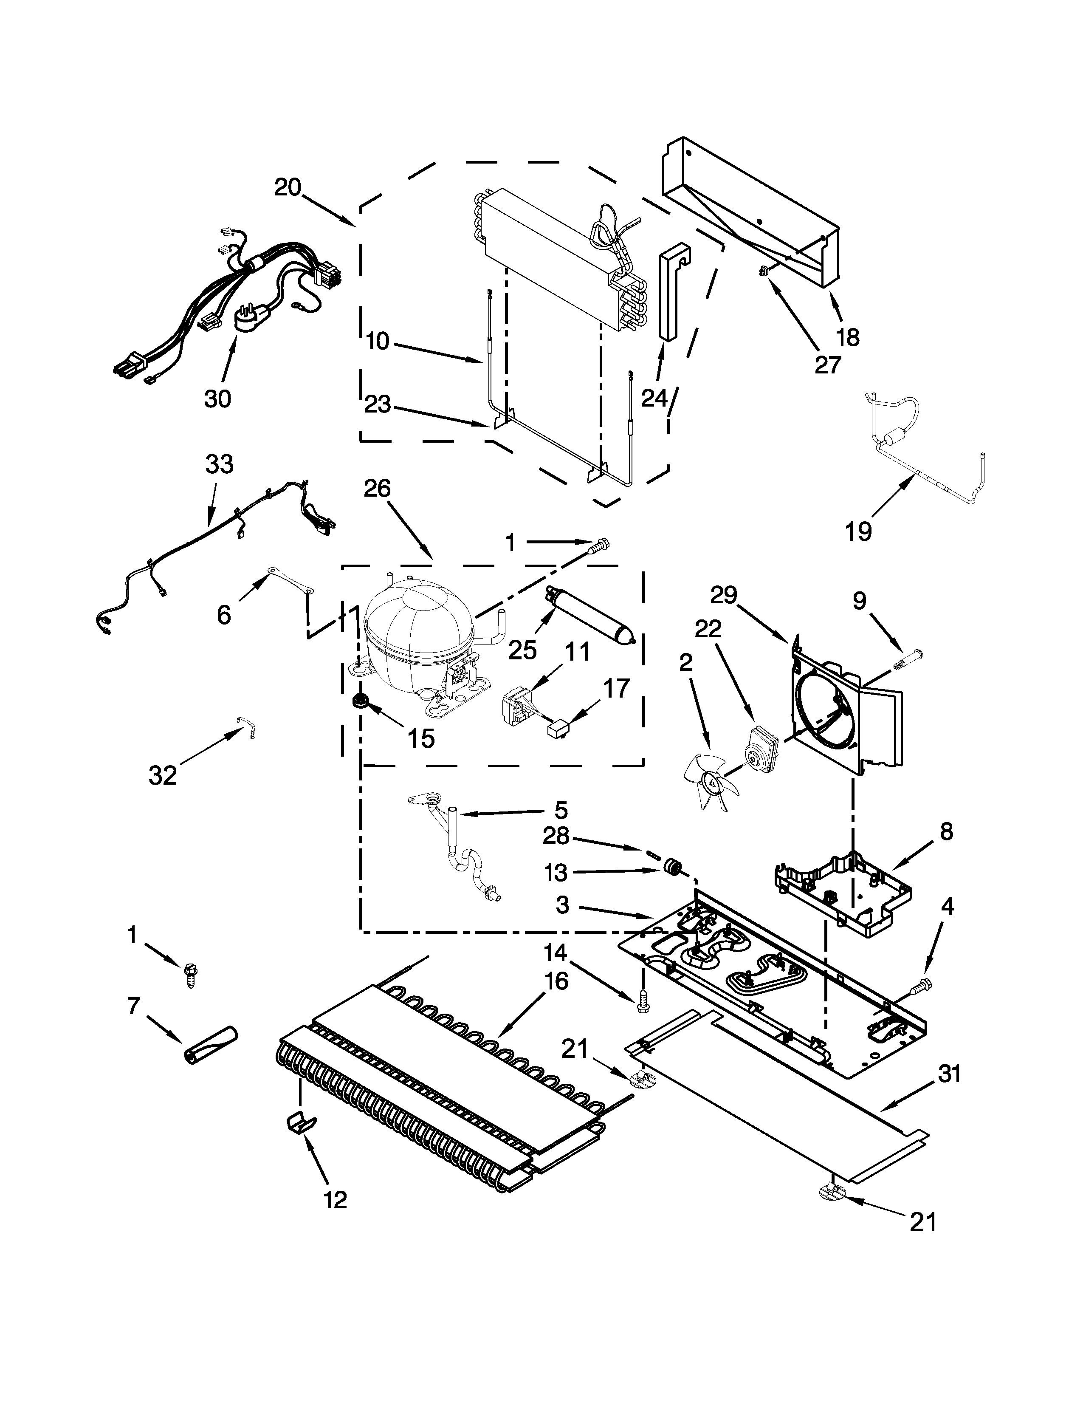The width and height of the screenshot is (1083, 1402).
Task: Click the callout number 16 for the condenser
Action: point(556,981)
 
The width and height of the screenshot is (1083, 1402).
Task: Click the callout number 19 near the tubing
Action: point(858,531)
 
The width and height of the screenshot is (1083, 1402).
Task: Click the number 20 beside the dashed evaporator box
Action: point(288,187)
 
